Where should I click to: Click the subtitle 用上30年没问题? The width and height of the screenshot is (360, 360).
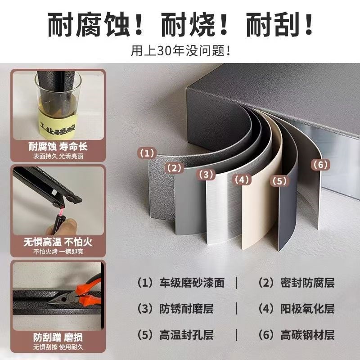[180, 49]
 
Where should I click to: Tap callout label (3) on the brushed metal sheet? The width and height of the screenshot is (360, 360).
[206, 174]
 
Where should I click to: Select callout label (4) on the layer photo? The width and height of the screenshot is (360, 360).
[241, 180]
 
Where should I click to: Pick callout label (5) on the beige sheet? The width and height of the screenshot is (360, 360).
[279, 181]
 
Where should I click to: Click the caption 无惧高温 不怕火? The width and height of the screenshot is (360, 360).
[58, 242]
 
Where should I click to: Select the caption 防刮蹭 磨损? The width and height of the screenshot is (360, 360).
[58, 337]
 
